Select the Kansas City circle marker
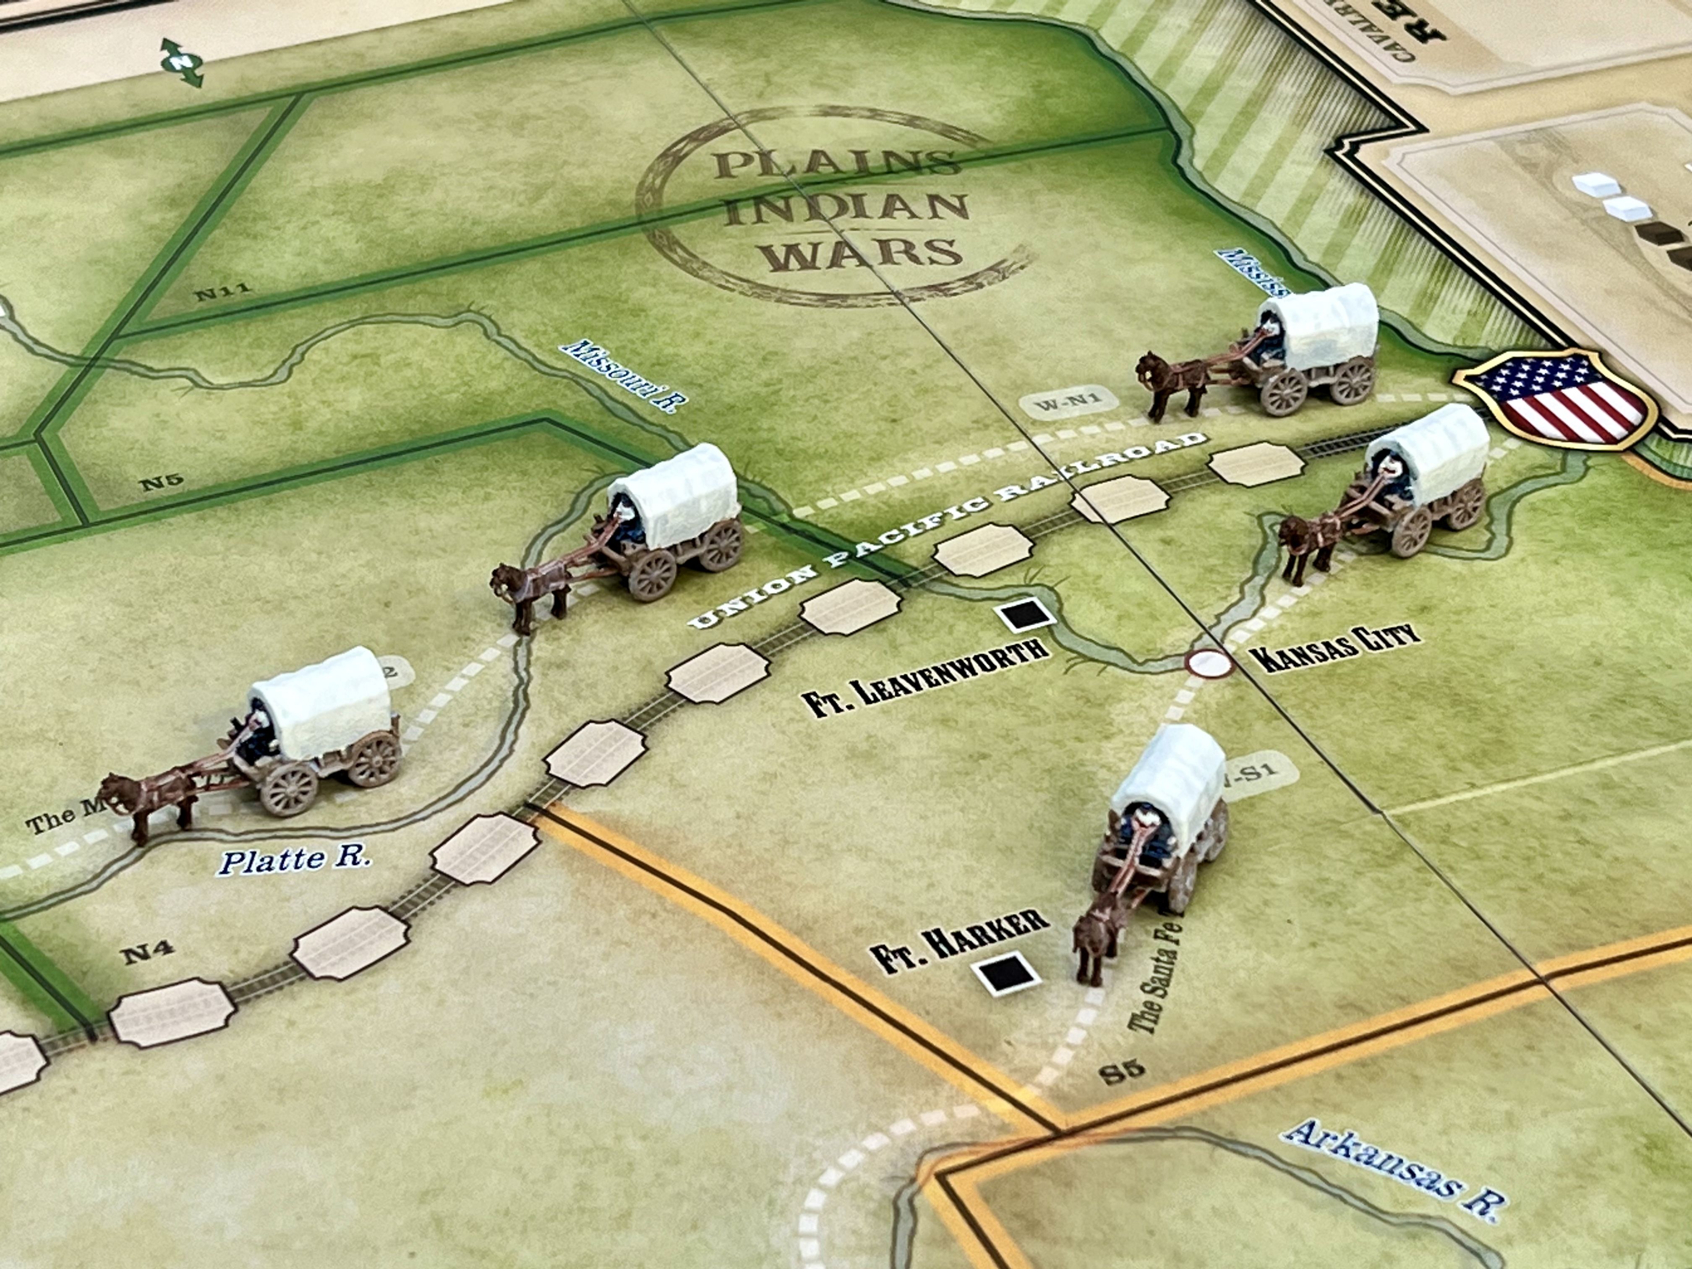(1209, 663)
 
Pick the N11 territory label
(222, 291)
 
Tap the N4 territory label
(147, 953)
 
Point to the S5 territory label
(1123, 1070)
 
